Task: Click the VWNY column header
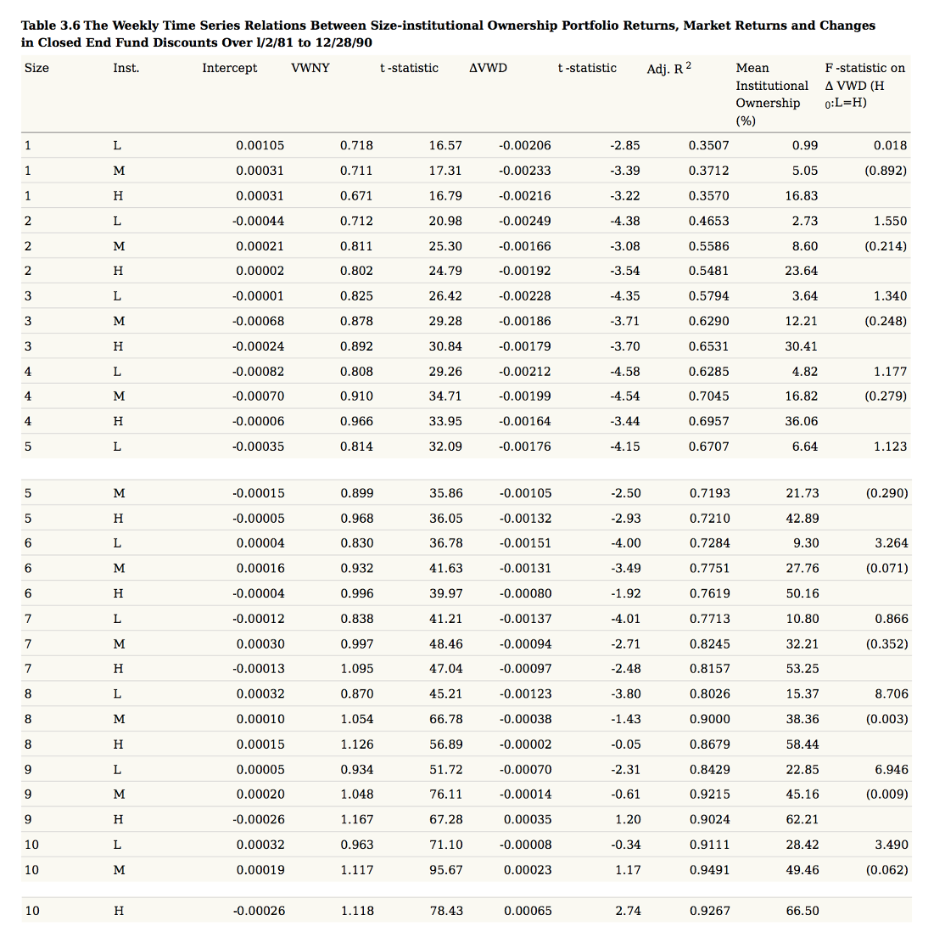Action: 310,68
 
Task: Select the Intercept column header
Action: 229,68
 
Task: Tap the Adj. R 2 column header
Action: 668,68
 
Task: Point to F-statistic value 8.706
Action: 891,693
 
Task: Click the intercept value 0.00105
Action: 260,145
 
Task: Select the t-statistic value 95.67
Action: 445,869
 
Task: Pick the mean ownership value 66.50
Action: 802,911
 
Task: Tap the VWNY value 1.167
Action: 356,819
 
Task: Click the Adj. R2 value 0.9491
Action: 708,869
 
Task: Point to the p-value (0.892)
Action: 886,171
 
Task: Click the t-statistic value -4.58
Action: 625,371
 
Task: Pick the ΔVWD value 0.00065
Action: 527,911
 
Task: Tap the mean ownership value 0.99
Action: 804,145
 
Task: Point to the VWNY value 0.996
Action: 356,593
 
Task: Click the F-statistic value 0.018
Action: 890,145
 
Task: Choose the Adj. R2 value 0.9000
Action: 708,719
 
